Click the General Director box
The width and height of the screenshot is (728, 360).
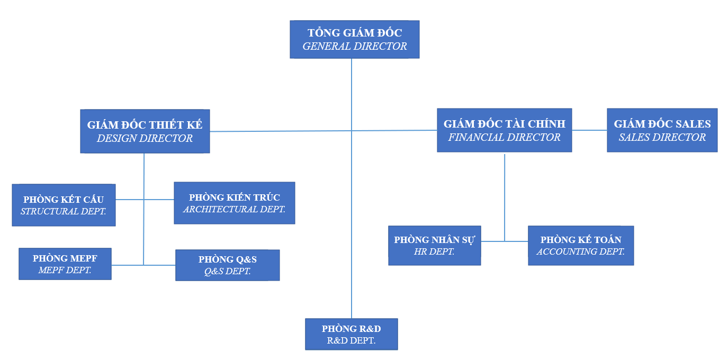click(354, 39)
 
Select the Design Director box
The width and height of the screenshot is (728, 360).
click(145, 131)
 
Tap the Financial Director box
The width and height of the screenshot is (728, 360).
click(504, 130)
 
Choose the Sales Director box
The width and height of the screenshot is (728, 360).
click(662, 130)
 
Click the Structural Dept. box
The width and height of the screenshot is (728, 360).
click(64, 205)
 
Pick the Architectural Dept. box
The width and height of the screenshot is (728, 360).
click(234, 203)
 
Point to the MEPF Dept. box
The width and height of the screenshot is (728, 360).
click(65, 264)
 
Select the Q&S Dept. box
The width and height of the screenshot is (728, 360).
click(227, 265)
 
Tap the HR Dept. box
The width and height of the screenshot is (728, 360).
click(434, 246)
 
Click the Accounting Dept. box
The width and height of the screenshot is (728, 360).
click(580, 246)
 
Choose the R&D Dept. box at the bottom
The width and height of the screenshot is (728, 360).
click(351, 334)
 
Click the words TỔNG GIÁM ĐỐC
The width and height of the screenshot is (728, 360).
click(354, 33)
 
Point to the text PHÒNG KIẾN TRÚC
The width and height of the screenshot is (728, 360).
click(234, 197)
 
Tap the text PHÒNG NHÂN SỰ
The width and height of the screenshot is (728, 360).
click(434, 240)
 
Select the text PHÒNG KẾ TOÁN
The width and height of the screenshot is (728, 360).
click(580, 240)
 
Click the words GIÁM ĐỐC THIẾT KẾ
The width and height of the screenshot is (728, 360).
click(145, 125)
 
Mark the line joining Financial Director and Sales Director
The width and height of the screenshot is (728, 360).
click(589, 130)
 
